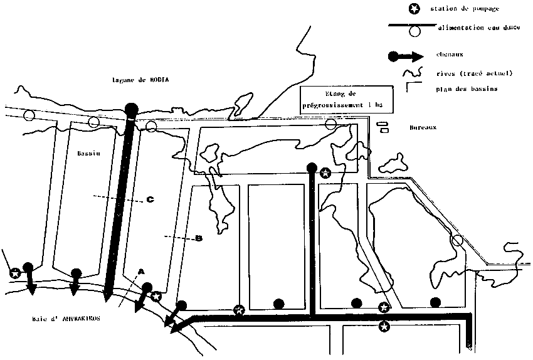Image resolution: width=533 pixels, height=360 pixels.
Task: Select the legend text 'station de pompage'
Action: click(460, 9)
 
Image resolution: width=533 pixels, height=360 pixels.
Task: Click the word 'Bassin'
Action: click(89, 153)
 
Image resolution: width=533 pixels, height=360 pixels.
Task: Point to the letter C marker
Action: click(150, 200)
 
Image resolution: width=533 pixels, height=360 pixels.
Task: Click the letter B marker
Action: click(199, 238)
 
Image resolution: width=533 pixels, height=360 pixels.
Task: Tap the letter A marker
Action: click(141, 271)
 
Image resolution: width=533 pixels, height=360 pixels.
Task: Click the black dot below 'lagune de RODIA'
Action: click(132, 109)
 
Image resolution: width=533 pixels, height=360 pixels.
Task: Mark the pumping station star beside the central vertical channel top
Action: click(325, 172)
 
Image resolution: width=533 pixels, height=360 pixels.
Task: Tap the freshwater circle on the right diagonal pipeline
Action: click(458, 240)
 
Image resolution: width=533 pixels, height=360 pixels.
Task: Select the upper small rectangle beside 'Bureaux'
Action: click(380, 124)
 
